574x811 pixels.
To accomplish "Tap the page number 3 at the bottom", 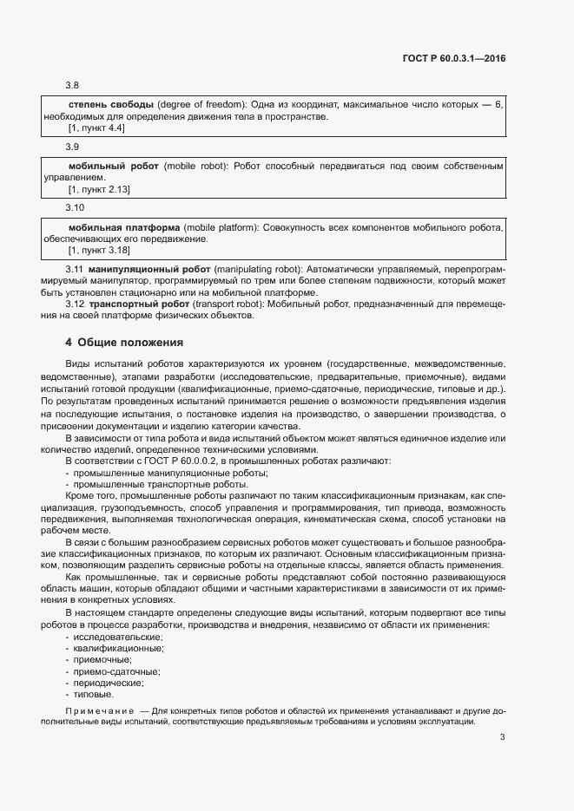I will click(503, 738).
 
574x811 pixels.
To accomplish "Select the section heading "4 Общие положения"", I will click(126, 342).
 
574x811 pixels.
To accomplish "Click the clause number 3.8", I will click(73, 85).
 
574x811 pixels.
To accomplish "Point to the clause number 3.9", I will click(73, 147).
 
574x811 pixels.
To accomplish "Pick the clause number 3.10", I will click(76, 208).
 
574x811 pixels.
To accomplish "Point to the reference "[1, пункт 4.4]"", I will click(96, 128).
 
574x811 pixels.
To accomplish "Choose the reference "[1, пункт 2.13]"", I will click(99, 189).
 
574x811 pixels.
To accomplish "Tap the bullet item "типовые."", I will click(93, 694).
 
